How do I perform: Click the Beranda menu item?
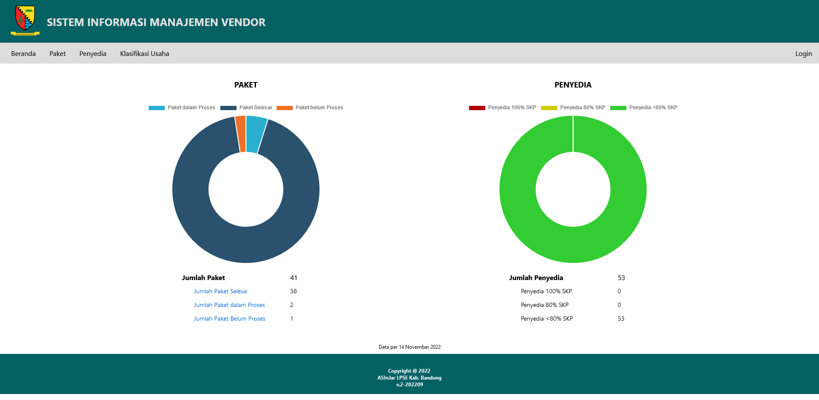tap(23, 54)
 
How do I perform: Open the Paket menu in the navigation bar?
tap(58, 54)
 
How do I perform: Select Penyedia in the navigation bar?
tap(93, 54)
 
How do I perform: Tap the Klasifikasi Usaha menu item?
tap(145, 54)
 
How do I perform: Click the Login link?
tap(803, 54)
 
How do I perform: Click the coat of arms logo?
tap(25, 20)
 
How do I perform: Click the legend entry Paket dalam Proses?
tap(182, 108)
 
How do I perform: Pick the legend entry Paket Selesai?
tap(246, 108)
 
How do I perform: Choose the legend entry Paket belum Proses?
tap(310, 108)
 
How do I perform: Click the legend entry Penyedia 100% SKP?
tap(503, 108)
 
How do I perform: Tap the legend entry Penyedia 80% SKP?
tap(573, 108)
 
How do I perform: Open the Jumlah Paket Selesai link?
tap(221, 292)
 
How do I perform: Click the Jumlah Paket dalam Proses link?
tap(229, 305)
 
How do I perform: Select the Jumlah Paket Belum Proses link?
tap(229, 319)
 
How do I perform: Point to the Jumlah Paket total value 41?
tap(293, 278)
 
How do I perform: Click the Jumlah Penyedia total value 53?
tap(621, 278)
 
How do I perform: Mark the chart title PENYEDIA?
tap(573, 85)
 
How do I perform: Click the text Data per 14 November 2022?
tap(409, 347)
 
